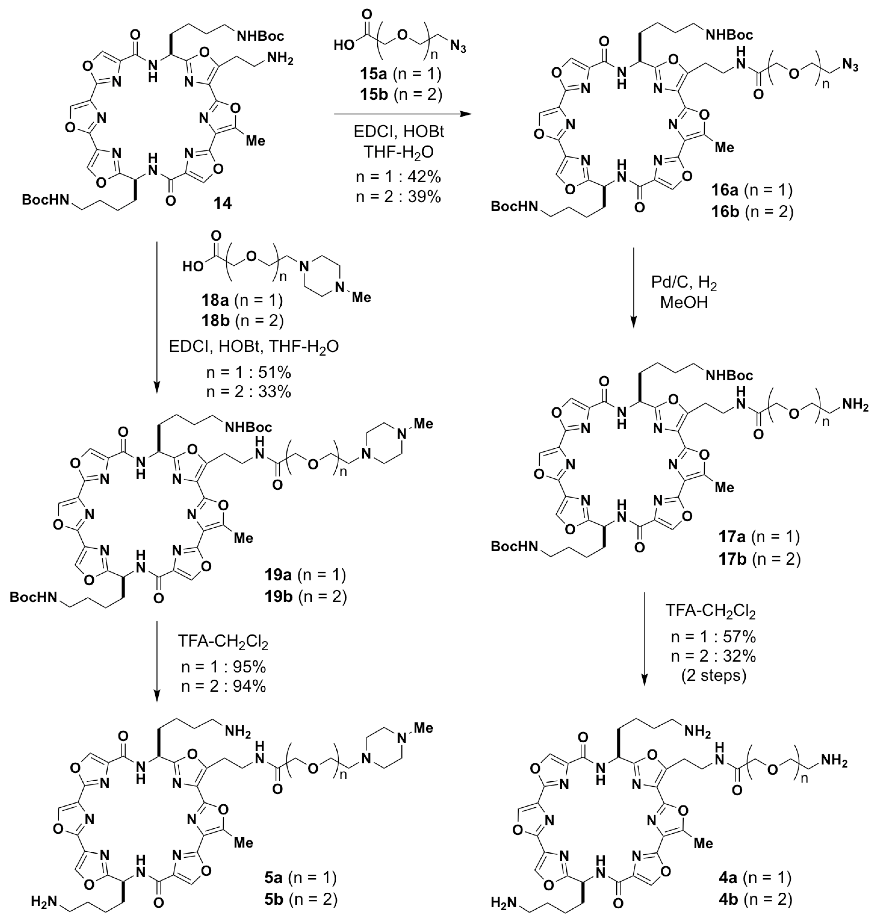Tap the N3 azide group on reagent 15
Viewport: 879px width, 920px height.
click(x=458, y=47)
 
